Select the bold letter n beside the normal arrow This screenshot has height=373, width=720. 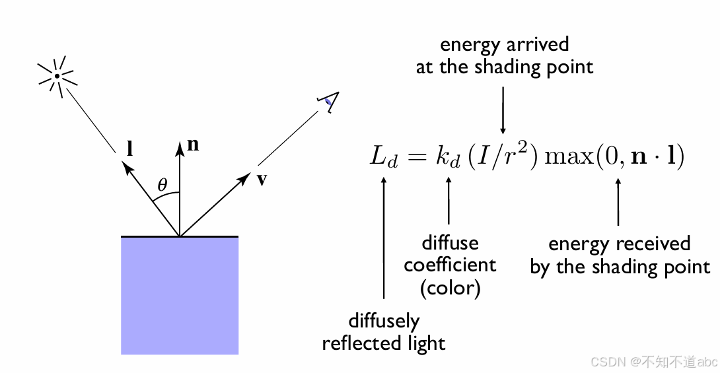click(193, 145)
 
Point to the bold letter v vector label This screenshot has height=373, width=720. click(262, 180)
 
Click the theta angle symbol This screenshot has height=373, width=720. click(162, 185)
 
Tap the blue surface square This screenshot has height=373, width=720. click(179, 295)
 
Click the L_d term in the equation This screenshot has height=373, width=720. click(384, 158)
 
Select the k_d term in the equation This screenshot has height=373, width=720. click(444, 158)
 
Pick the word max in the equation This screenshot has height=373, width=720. click(570, 158)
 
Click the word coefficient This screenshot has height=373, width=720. click(450, 265)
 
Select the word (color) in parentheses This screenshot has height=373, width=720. click(450, 288)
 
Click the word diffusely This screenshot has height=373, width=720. click(384, 322)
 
